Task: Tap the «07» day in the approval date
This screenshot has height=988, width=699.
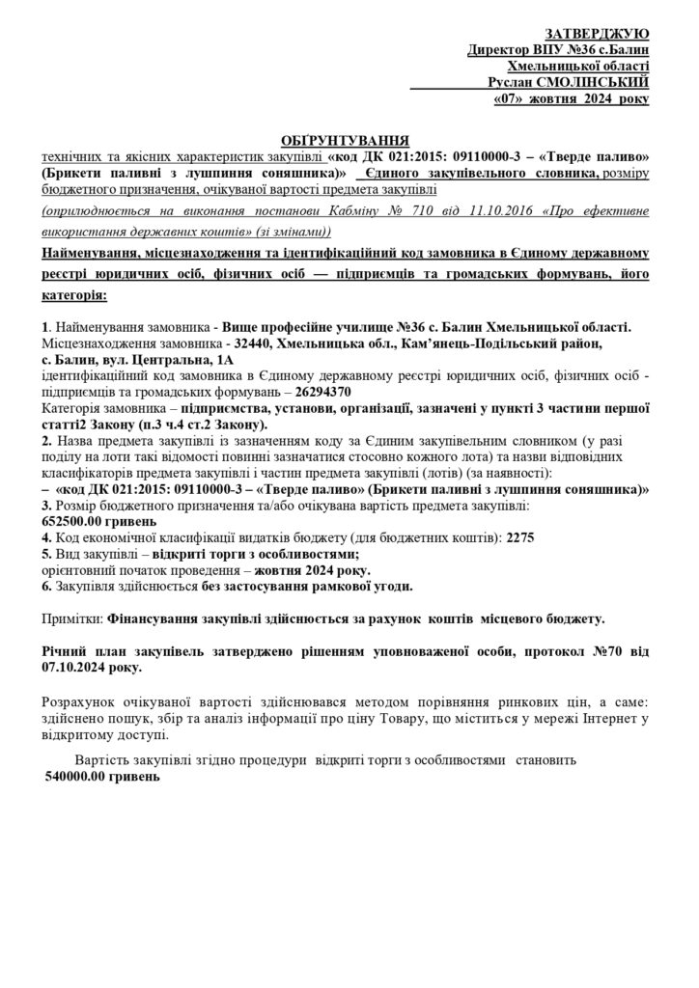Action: click(x=510, y=99)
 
